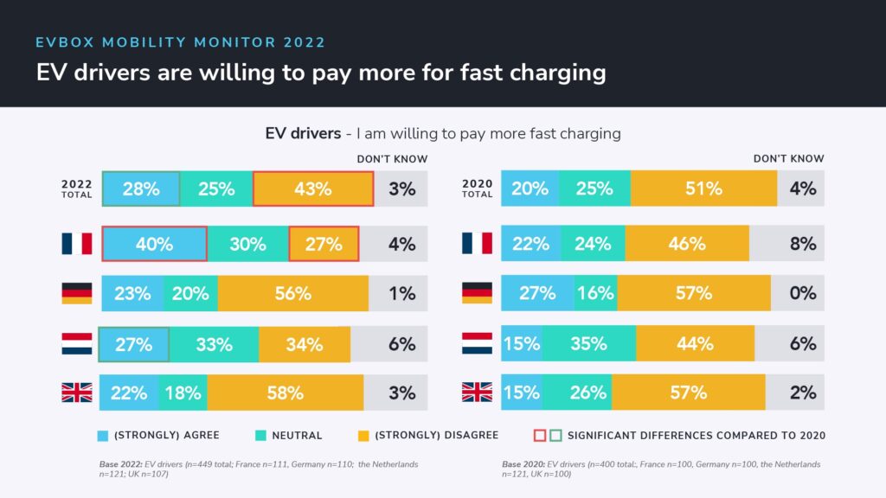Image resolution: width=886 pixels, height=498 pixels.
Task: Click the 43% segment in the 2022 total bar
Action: [313, 188]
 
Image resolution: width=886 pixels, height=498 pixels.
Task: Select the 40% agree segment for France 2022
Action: [154, 244]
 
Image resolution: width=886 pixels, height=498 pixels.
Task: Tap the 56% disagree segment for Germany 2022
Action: [292, 294]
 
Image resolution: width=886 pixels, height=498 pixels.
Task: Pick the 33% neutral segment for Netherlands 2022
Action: [213, 344]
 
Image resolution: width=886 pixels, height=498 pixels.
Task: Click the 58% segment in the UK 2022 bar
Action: [285, 393]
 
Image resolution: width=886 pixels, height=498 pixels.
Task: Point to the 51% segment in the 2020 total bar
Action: [703, 188]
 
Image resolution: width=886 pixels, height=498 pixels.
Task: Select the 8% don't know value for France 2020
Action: [803, 244]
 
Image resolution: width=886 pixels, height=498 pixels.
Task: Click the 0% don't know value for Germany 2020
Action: [803, 294]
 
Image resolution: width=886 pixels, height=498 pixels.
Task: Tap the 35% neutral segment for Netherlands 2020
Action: [588, 344]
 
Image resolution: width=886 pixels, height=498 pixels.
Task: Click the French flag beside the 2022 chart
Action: [77, 244]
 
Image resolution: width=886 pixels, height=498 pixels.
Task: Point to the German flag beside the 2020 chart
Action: [477, 293]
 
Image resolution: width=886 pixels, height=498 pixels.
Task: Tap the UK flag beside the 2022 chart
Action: [77, 393]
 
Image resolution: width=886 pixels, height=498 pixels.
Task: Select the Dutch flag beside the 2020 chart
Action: [477, 343]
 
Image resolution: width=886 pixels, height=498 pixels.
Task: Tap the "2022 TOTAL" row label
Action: [77, 188]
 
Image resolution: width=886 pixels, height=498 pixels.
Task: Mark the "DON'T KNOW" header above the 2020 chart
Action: [788, 158]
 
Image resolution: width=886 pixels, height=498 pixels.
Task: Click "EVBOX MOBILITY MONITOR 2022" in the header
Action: [181, 41]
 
